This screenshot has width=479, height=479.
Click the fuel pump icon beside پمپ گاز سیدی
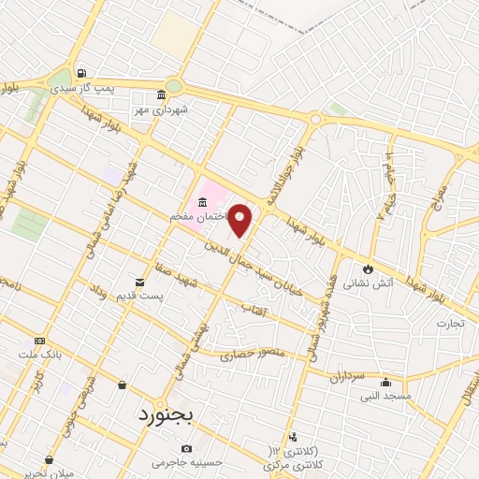82,74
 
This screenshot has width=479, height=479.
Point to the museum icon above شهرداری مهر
161,94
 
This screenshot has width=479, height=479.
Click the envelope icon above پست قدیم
140,282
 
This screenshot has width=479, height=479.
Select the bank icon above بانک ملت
39,341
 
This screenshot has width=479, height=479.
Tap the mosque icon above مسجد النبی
385,381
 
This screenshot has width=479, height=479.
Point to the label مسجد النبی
385,396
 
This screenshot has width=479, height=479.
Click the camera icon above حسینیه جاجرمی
187,448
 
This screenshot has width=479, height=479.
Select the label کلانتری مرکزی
291,465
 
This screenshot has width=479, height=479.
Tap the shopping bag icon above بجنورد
122,385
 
